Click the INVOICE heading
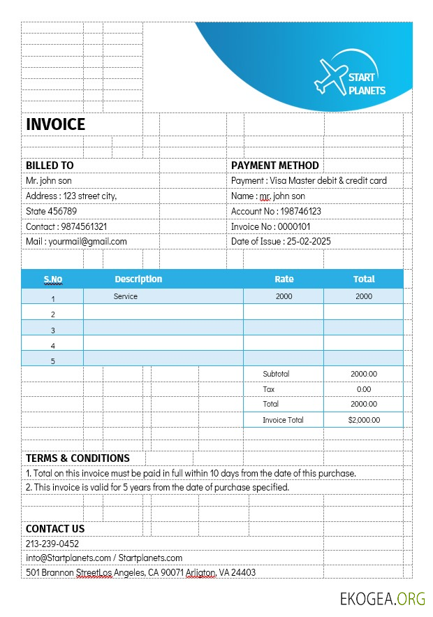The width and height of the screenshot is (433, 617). (x=56, y=124)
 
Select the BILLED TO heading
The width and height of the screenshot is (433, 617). (x=50, y=166)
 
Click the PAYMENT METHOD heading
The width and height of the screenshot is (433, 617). (x=275, y=166)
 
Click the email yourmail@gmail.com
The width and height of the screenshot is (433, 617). (x=87, y=241)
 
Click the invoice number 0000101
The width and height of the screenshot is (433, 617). (x=294, y=226)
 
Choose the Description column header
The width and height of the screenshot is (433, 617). (x=138, y=279)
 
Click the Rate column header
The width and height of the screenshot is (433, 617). (x=284, y=279)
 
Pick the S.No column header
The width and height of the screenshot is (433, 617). (x=53, y=280)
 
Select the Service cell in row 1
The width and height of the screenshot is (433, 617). (x=126, y=296)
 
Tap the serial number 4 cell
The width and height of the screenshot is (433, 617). (x=53, y=346)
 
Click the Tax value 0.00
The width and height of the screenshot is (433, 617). (x=364, y=389)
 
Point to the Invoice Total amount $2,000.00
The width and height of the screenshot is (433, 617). (x=364, y=420)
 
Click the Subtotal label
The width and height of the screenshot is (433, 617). (x=276, y=374)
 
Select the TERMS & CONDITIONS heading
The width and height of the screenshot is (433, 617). (x=78, y=458)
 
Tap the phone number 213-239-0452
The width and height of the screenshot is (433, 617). (x=52, y=544)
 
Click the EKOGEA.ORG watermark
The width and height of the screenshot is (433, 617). (x=383, y=599)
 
